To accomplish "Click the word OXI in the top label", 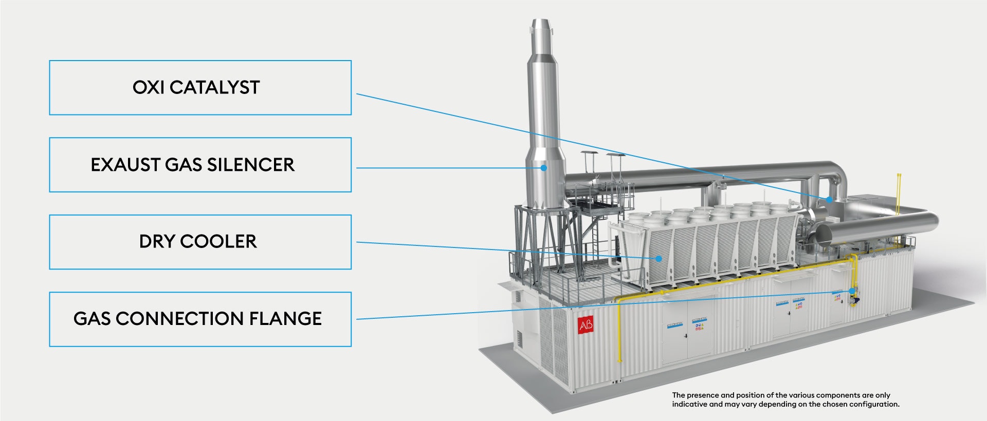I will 149,88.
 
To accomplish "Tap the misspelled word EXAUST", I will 125,165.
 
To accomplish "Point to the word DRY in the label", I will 157,242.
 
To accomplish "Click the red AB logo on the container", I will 586,325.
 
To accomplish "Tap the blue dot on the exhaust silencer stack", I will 543,167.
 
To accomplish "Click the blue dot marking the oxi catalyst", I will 829,199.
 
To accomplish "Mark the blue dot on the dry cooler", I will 659,258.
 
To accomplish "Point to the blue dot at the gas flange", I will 852,291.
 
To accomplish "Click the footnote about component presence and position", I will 785,399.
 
